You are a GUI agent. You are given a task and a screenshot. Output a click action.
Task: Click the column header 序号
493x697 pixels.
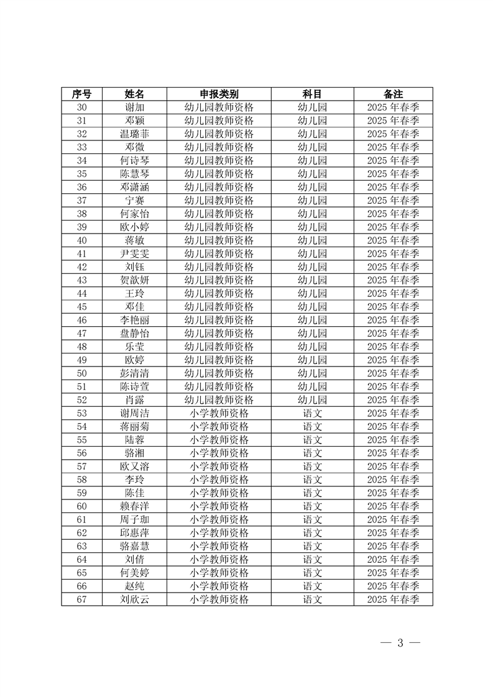(81, 94)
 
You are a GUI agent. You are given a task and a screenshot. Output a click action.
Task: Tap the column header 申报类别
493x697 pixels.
(219, 94)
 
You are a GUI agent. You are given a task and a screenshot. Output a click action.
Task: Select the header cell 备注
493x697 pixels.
(393, 94)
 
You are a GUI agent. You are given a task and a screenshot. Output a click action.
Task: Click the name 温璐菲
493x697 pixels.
(134, 134)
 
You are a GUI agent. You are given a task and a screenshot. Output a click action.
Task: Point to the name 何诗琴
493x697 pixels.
(134, 160)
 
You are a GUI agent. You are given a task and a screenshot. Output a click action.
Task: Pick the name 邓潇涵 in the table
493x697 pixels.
(134, 187)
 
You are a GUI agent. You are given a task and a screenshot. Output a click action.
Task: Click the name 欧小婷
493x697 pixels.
(134, 227)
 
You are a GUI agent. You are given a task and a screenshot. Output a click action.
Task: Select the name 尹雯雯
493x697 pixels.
(134, 253)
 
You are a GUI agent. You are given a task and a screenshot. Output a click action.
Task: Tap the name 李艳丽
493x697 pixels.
(134, 320)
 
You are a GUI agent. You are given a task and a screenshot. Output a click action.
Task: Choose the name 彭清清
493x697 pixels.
(134, 373)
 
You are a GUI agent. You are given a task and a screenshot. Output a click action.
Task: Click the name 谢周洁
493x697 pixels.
(134, 413)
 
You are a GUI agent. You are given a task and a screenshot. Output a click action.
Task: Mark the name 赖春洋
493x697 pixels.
(134, 506)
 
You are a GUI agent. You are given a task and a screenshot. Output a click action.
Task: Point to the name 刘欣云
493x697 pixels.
(134, 599)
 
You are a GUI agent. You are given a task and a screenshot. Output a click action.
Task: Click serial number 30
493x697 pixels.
(81, 107)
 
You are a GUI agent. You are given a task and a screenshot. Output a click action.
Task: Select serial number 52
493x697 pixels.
(81, 400)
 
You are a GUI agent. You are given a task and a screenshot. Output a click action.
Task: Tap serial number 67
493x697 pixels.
(81, 599)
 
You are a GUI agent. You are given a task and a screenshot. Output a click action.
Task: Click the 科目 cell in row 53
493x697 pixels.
(312, 413)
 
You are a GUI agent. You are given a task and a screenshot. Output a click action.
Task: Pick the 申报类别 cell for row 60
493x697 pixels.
(219, 506)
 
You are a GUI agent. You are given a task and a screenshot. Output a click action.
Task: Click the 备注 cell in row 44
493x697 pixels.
(393, 293)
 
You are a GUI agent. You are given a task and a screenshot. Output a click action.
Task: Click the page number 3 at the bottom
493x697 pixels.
(400, 643)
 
